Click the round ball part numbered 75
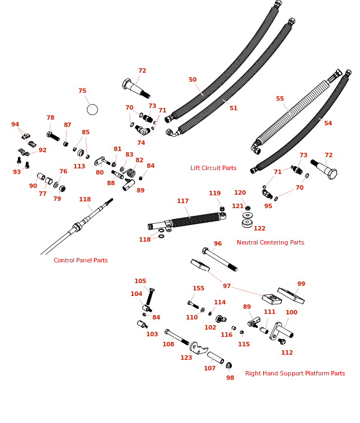click(92, 109)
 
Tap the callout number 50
click(193, 80)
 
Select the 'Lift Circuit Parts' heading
click(213, 168)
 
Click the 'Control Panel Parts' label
click(81, 260)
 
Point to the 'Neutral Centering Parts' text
click(270, 242)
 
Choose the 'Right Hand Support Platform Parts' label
click(295, 373)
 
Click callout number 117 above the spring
click(183, 201)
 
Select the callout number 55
click(280, 99)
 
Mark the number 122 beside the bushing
click(260, 228)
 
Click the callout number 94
click(15, 125)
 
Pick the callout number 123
click(186, 358)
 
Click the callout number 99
click(301, 284)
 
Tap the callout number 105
click(141, 281)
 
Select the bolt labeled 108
click(177, 337)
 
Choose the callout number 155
click(199, 289)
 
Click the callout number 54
click(328, 123)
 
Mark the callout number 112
click(287, 352)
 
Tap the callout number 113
click(80, 166)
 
